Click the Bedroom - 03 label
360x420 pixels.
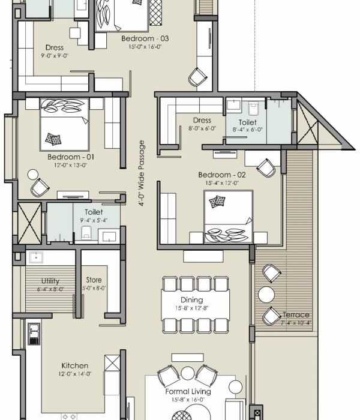(x=145, y=38)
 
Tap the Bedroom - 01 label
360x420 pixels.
(x=71, y=157)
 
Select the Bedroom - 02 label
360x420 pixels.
(x=222, y=175)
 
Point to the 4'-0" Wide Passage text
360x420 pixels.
(x=142, y=173)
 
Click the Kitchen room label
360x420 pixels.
(x=75, y=365)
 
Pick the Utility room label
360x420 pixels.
(x=50, y=281)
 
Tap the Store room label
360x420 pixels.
(x=94, y=280)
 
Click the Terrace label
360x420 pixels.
(x=296, y=315)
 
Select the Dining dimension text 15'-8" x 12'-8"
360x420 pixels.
(x=192, y=308)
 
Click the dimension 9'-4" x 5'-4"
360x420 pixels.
(x=94, y=220)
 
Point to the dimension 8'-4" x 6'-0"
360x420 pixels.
(x=247, y=130)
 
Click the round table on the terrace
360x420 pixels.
(x=266, y=295)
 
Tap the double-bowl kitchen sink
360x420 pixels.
(x=34, y=334)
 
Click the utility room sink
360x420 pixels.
(x=35, y=257)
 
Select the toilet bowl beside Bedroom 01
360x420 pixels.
(x=86, y=233)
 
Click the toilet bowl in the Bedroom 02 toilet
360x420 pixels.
(x=253, y=108)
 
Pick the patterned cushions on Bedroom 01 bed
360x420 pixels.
(x=53, y=139)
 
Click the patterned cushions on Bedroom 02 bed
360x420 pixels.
(x=217, y=202)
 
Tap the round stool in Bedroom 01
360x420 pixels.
(x=33, y=175)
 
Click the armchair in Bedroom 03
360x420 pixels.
(x=197, y=77)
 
